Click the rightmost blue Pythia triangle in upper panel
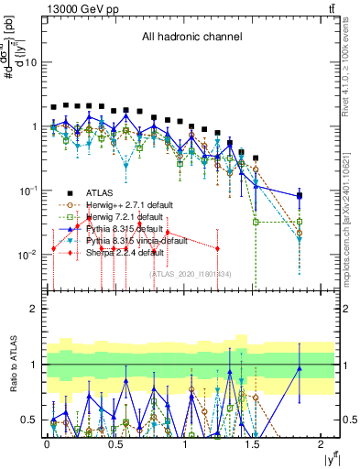[300, 196]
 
